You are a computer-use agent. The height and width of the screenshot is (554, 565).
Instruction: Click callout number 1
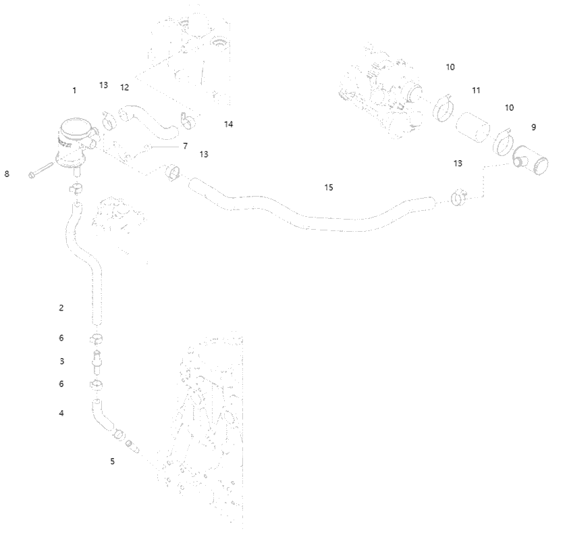pyautogui.click(x=74, y=90)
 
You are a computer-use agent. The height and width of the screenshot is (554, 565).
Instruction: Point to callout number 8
pyautogui.click(x=7, y=174)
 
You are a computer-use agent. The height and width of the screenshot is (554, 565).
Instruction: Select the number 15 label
pyautogui.click(x=329, y=188)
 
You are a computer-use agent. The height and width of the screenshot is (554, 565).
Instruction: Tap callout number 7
pyautogui.click(x=185, y=146)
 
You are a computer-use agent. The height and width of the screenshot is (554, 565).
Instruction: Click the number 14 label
pyautogui.click(x=228, y=124)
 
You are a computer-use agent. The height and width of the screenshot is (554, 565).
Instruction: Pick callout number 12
pyautogui.click(x=124, y=87)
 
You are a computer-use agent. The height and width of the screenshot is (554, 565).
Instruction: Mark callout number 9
pyautogui.click(x=534, y=127)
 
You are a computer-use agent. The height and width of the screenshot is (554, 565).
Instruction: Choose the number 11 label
pyautogui.click(x=476, y=90)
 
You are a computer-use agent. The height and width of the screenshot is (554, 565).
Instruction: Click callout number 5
pyautogui.click(x=113, y=461)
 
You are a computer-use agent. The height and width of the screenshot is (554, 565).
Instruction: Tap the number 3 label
pyautogui.click(x=62, y=361)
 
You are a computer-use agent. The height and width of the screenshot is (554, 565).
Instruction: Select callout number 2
pyautogui.click(x=61, y=307)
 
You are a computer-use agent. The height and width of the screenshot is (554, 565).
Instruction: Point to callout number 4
pyautogui.click(x=61, y=413)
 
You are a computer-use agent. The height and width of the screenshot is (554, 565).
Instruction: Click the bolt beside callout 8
pyautogui.click(x=41, y=170)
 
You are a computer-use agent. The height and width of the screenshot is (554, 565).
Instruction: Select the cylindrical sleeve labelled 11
pyautogui.click(x=473, y=127)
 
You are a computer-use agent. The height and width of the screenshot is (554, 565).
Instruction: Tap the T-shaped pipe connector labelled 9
pyautogui.click(x=531, y=160)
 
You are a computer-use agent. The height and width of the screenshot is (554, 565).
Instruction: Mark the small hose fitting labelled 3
pyautogui.click(x=97, y=362)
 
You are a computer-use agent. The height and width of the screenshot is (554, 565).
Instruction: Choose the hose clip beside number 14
pyautogui.click(x=188, y=120)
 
